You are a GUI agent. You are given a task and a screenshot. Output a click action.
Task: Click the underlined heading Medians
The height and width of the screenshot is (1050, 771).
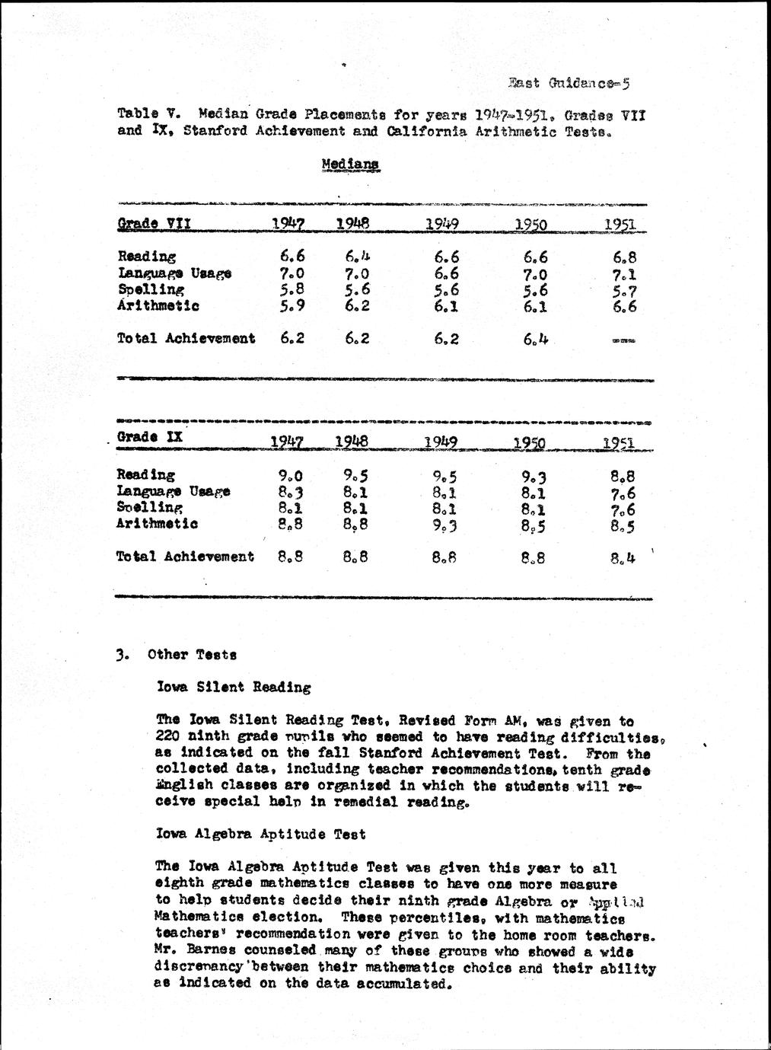tap(350, 164)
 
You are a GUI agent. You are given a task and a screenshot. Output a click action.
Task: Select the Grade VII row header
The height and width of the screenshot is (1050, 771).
tap(154, 223)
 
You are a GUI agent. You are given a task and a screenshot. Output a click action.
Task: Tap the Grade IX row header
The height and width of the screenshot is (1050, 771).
tap(149, 437)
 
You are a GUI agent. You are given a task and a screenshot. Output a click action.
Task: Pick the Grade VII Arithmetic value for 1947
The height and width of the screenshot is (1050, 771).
tap(292, 306)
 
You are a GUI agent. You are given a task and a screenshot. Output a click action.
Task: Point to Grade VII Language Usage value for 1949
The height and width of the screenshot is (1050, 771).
tap(447, 273)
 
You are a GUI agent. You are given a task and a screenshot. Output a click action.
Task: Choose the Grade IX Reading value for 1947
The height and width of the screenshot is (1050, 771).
tap(292, 476)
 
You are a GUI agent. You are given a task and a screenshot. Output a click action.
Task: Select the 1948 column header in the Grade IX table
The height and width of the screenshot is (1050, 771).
tap(352, 441)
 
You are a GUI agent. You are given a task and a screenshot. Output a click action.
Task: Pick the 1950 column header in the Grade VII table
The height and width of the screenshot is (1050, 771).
tap(531, 225)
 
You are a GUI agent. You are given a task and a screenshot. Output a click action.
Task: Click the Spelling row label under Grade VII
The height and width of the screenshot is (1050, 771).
tap(151, 289)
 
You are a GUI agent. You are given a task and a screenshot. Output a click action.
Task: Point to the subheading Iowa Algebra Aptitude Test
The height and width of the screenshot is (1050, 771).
tap(260, 834)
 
